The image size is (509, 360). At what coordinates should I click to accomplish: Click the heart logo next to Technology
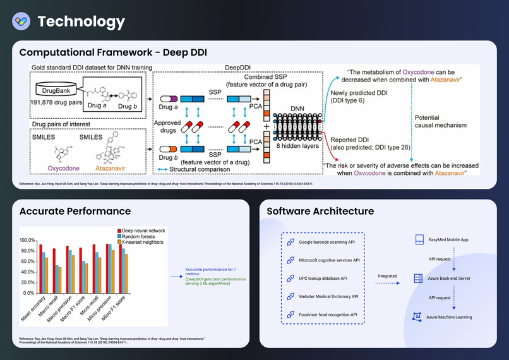(x=21, y=21)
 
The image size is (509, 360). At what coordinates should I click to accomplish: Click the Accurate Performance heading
(x=75, y=211)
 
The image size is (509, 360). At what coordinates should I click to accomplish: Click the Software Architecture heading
(x=321, y=211)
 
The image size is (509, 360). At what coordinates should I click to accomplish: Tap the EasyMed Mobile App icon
(x=418, y=240)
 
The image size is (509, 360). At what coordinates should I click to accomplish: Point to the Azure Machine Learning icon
(x=417, y=316)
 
